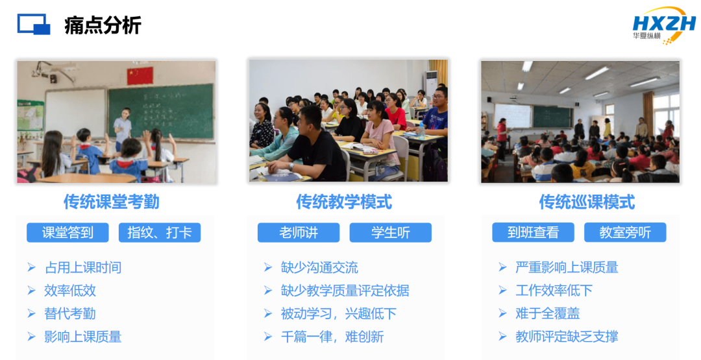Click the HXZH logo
[x=665, y=25]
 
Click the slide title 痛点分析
[x=103, y=25]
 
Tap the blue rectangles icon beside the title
[x=34, y=24]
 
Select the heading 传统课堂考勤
[x=112, y=202]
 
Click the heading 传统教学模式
[x=344, y=202]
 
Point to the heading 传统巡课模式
[x=587, y=202]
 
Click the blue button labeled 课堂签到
[x=68, y=232]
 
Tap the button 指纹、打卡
[x=160, y=232]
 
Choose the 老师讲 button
[x=299, y=232]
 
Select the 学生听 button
[x=391, y=232]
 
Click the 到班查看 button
[x=533, y=232]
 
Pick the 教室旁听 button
[x=625, y=232]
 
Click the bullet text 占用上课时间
[x=83, y=267]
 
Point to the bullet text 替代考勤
[x=69, y=313]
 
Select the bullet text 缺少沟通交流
[x=319, y=267]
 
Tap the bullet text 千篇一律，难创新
[x=332, y=337]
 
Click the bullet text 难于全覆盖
[x=548, y=313]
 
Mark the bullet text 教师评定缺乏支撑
[x=567, y=337]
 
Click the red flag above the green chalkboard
[x=140, y=75]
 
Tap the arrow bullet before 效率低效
[x=31, y=291]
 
